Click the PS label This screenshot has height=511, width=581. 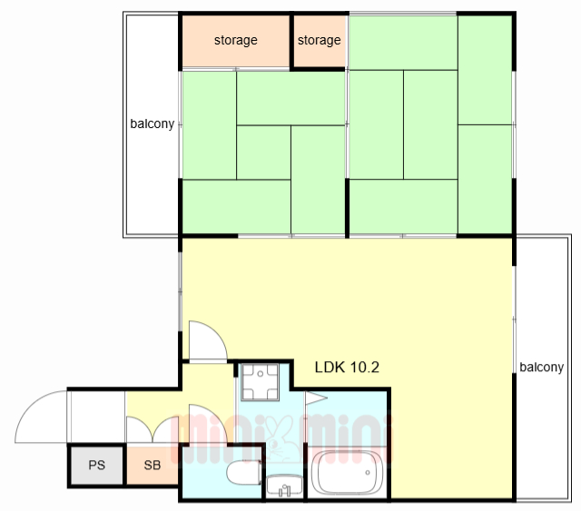(x=97, y=465)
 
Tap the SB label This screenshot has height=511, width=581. (x=153, y=465)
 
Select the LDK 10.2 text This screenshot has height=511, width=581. (x=347, y=368)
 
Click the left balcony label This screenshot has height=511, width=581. (x=152, y=123)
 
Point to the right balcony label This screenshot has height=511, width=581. (x=541, y=368)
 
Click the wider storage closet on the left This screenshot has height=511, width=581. (x=236, y=41)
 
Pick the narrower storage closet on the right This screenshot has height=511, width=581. (x=320, y=41)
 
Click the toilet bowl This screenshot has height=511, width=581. (x=244, y=473)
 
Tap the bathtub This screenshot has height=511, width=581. (x=346, y=473)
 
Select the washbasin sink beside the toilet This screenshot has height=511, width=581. (x=284, y=486)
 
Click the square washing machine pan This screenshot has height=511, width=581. (x=260, y=382)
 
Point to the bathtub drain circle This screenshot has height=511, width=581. (x=368, y=473)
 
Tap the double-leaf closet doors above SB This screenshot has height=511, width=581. (x=153, y=429)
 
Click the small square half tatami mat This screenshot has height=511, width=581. (x=263, y=152)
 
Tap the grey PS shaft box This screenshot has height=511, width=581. (x=97, y=466)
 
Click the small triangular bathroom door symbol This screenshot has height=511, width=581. (x=315, y=398)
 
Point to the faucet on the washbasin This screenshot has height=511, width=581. (x=284, y=490)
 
